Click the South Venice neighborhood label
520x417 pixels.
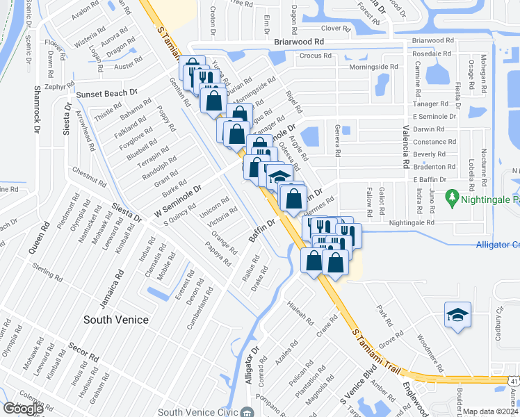[x=116, y=320]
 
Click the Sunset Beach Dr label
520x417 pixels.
[x=107, y=94]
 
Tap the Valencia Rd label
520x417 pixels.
[x=405, y=146]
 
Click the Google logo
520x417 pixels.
[x=24, y=409]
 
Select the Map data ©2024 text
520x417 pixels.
[x=491, y=411]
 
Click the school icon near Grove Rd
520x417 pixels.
[x=458, y=315]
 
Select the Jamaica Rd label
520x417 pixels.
[x=104, y=289]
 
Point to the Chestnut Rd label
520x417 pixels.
[x=88, y=177]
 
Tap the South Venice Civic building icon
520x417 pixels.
[x=247, y=412]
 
